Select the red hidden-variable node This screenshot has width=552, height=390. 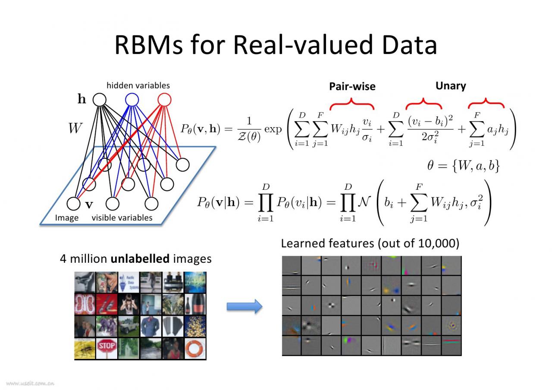164,100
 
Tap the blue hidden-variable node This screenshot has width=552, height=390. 132,100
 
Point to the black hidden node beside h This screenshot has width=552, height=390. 99,100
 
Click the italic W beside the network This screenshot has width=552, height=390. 75,128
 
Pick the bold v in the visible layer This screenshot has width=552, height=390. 89,204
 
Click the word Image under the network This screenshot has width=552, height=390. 67,218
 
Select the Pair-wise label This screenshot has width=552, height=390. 352,87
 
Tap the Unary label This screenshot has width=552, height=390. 451,86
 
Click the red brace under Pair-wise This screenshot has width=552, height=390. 352,104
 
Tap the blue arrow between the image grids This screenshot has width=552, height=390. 244,306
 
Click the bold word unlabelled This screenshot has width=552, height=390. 140,259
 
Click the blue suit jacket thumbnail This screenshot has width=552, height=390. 151,327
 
